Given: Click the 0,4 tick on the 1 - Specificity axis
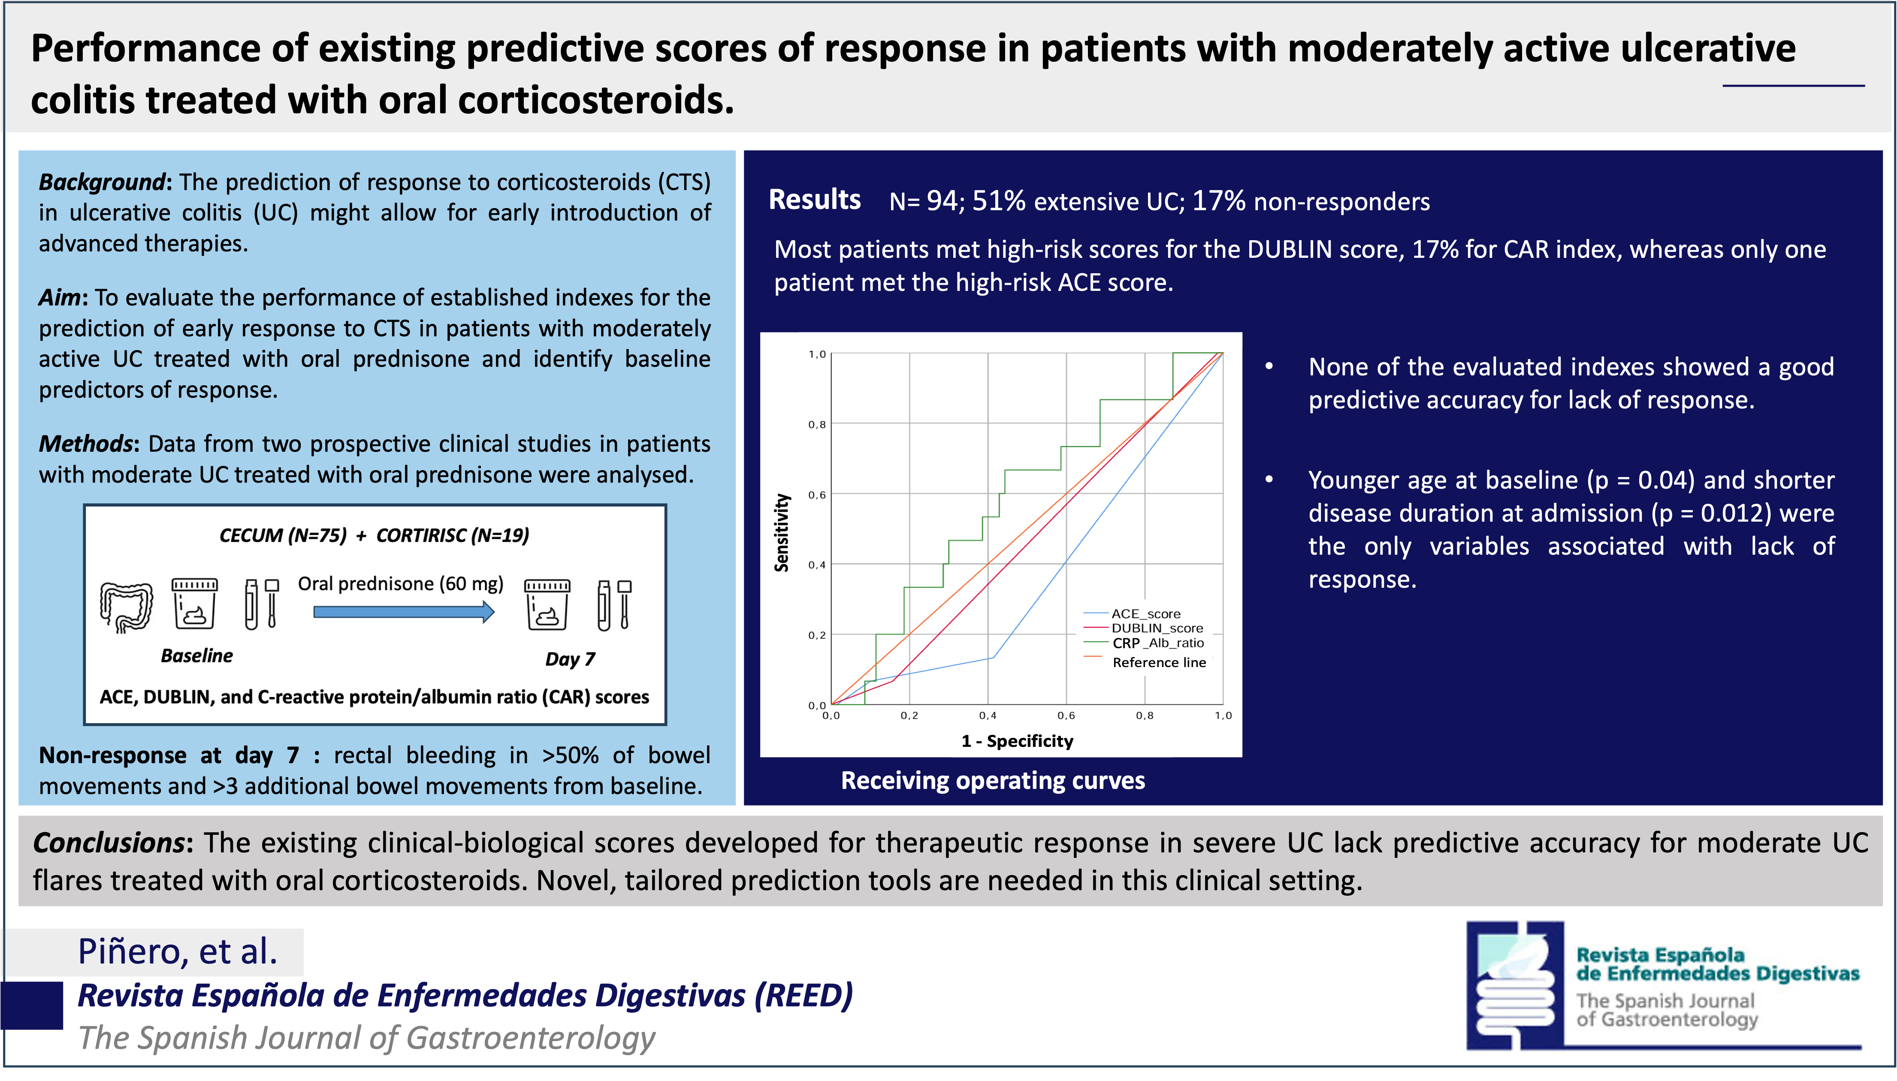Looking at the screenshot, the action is pyautogui.click(x=988, y=716).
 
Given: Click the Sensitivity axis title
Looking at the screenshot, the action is pyautogui.click(x=781, y=532).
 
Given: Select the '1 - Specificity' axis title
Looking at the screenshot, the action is pyautogui.click(x=1017, y=741).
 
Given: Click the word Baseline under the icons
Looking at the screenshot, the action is pyautogui.click(x=197, y=655).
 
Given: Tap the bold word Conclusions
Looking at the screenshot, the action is pyautogui.click(x=109, y=842).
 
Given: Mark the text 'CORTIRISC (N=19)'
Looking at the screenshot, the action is pyautogui.click(x=453, y=535).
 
